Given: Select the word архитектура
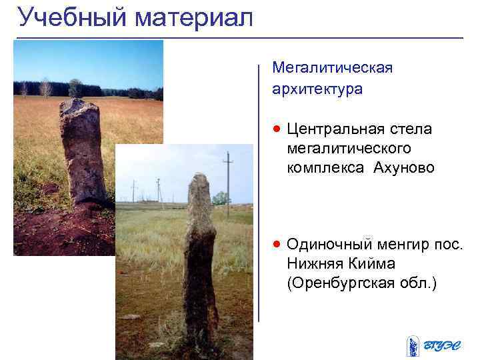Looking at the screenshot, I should coord(317,89).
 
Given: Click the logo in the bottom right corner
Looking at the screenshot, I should coord(434,345).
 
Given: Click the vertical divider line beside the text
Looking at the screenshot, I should coord(259,193).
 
